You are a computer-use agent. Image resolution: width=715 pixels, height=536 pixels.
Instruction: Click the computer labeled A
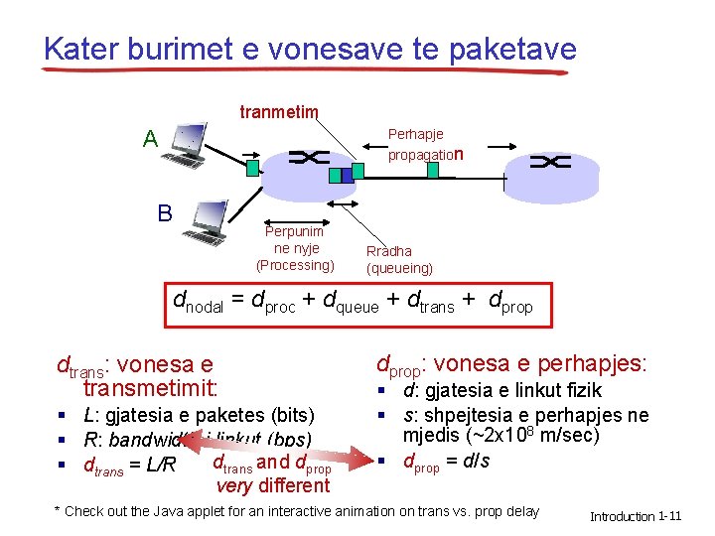188,146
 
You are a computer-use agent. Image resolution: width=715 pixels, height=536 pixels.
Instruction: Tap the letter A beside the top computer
149,139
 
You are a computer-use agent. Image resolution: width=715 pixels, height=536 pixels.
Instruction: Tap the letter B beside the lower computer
164,213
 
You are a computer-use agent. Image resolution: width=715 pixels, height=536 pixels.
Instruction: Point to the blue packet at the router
334,175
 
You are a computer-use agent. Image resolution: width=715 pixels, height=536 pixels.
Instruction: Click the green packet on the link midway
433,170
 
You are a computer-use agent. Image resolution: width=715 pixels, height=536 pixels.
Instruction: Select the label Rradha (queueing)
399,260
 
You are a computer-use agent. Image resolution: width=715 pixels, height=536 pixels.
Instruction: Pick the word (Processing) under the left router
295,265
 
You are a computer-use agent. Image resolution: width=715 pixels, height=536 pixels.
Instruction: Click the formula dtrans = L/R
129,465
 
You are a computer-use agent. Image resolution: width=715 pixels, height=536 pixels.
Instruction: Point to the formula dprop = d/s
446,462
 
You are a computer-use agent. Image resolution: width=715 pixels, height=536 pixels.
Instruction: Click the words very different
272,485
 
